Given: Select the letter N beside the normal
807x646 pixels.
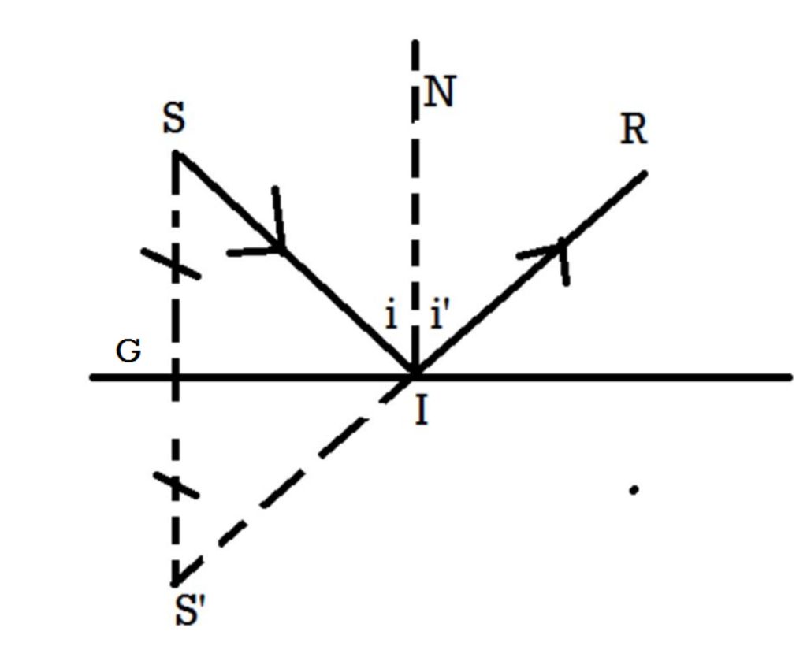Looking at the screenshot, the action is point(439,93).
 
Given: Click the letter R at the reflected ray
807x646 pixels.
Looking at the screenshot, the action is point(634,131).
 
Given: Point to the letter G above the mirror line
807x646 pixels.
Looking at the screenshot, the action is point(128,351).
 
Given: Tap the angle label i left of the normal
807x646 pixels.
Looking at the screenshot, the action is point(390,316).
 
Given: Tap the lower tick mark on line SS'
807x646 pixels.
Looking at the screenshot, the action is point(176,484).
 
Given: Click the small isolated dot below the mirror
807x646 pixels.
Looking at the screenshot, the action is point(634,490).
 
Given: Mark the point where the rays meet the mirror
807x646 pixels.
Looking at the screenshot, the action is point(412,376).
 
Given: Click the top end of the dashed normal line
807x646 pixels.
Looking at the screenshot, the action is point(415,41).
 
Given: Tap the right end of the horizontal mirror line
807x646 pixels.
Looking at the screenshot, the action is point(790,377).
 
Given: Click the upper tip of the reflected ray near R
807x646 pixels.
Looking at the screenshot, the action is point(645,173).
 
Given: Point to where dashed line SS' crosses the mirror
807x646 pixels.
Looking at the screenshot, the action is point(175,377).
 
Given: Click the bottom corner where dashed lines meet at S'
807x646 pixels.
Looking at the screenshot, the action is point(175,583).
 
